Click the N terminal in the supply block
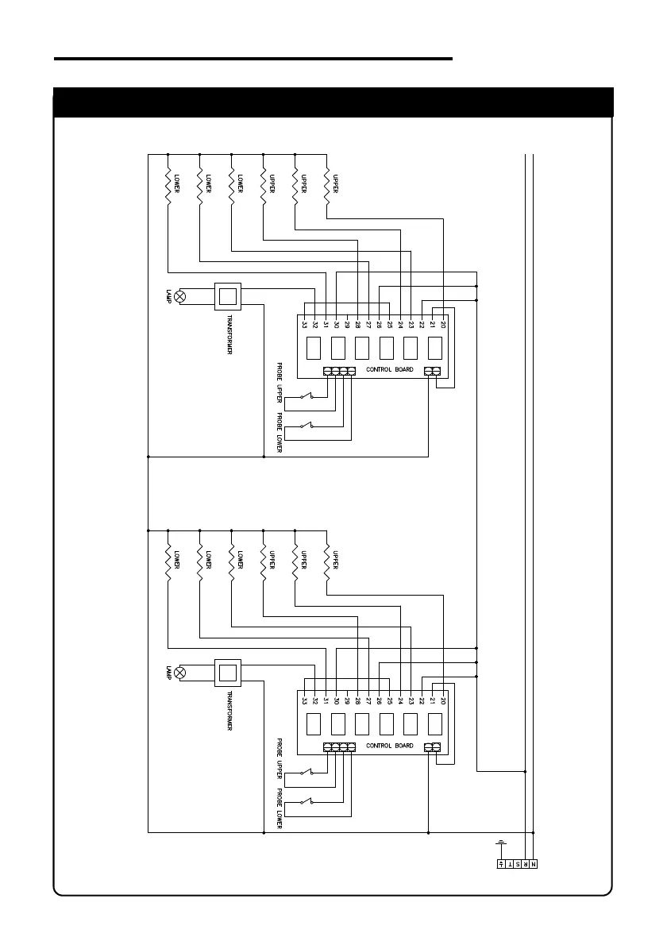point(534,863)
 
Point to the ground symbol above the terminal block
point(501,843)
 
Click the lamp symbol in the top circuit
point(180,297)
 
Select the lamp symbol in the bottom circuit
point(180,673)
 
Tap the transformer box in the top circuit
point(228,297)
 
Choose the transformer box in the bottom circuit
point(228,673)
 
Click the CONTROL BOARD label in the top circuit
point(389,370)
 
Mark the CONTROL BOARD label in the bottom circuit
point(389,746)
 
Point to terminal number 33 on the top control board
point(304,324)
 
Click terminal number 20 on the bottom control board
point(443,700)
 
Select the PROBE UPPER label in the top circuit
point(280,384)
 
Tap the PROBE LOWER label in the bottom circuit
point(280,807)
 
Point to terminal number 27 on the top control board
point(368,324)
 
